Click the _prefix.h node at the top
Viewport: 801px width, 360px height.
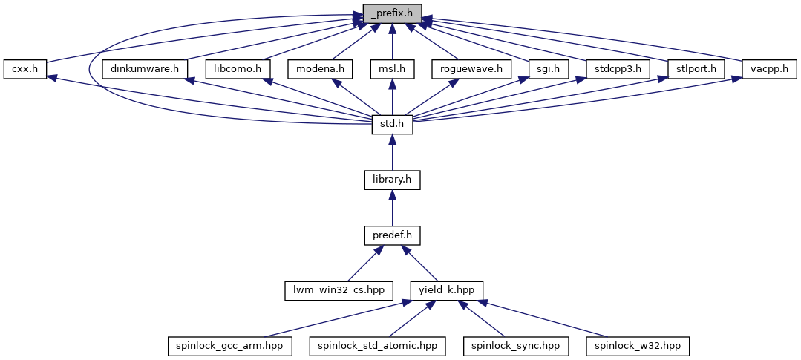(x=392, y=13)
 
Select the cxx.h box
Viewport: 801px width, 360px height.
(x=26, y=69)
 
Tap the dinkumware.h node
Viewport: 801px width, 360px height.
(x=145, y=69)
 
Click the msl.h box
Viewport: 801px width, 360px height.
(x=392, y=69)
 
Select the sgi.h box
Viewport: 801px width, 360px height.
(x=548, y=69)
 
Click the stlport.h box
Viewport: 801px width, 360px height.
(x=696, y=69)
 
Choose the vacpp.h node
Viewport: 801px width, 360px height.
(x=770, y=69)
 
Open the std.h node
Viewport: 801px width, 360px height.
(x=392, y=125)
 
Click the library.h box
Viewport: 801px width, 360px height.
(x=392, y=180)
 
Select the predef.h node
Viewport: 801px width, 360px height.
(x=392, y=235)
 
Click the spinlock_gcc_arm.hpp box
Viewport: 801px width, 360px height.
(x=229, y=346)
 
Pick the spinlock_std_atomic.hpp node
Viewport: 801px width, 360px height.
(x=377, y=346)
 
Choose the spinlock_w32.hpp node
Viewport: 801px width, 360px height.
(x=638, y=346)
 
